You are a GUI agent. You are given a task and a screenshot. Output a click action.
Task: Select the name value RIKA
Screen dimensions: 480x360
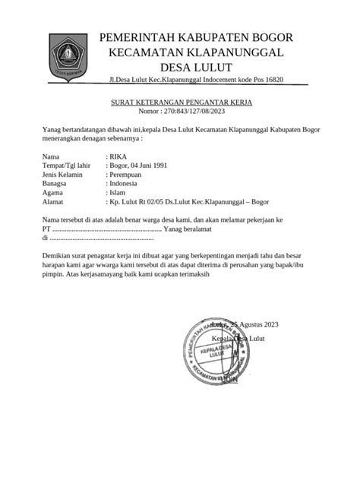tap(119, 156)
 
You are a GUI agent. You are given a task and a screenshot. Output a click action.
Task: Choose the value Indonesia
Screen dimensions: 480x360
tap(125, 183)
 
